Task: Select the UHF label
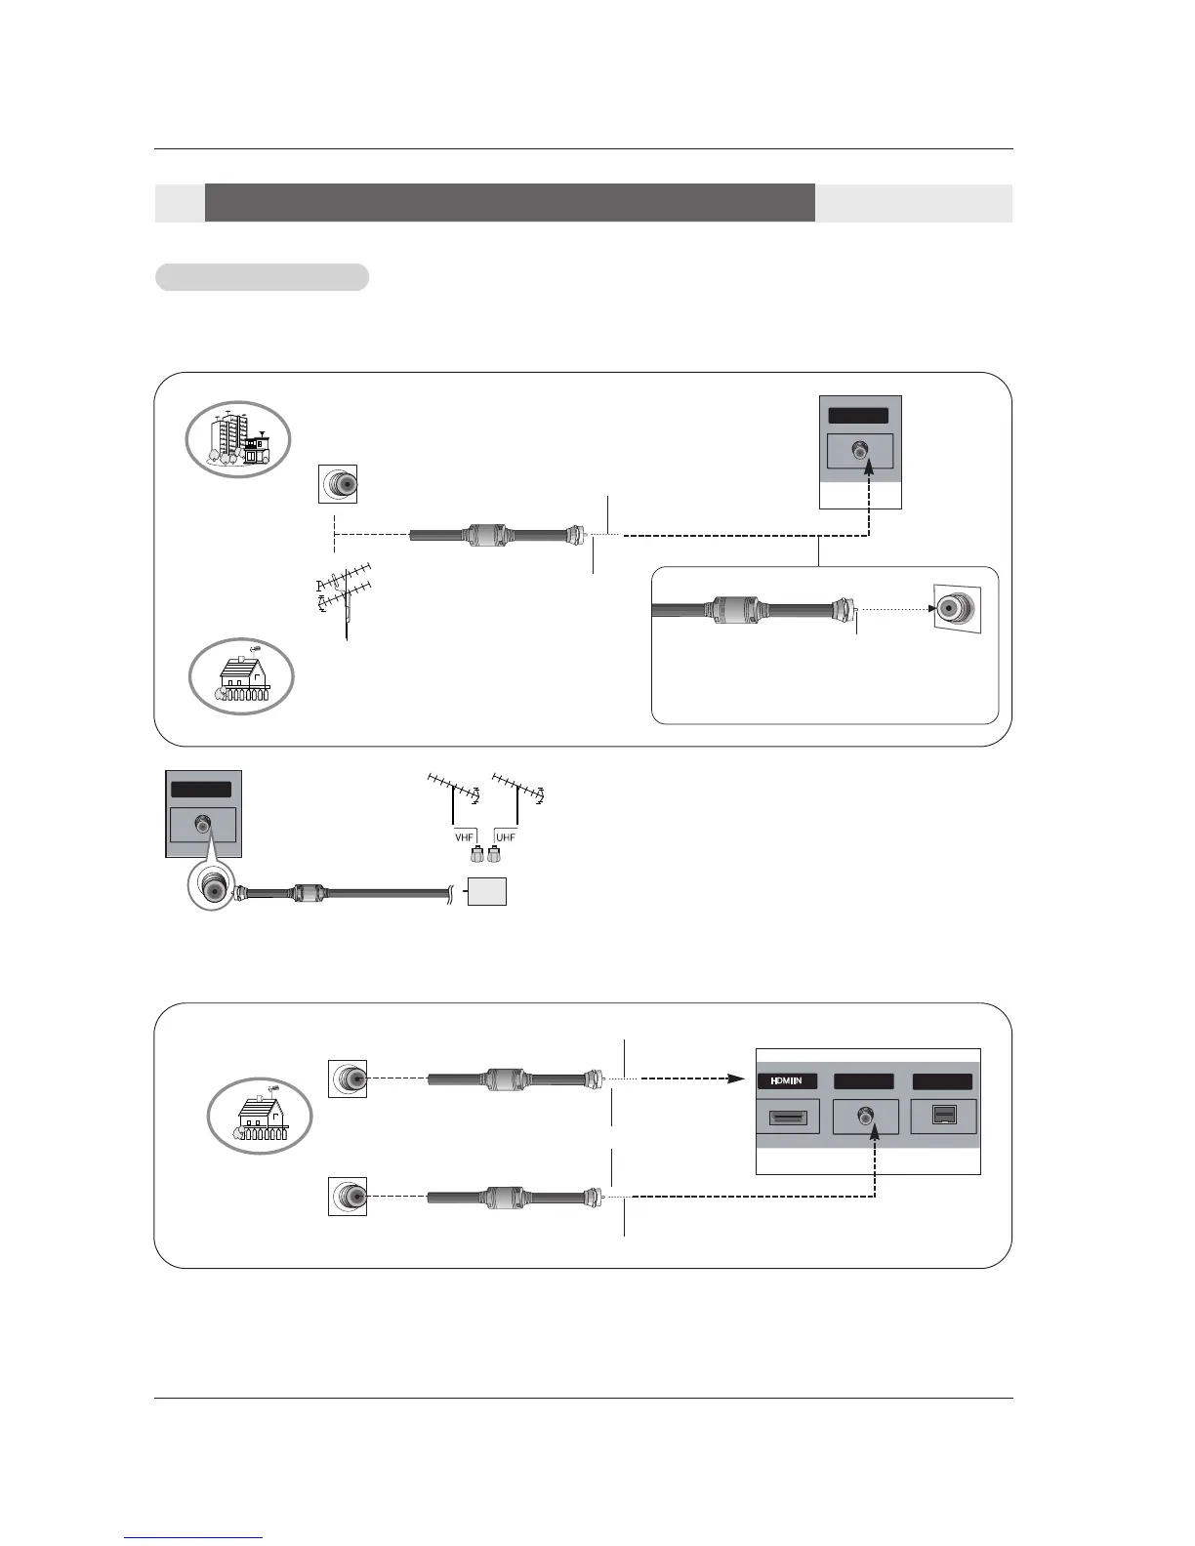506,837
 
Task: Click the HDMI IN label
787,1080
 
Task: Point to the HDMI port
788,1118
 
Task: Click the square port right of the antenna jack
942,1117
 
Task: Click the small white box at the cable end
487,891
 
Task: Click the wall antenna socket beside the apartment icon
338,483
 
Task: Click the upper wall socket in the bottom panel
348,1078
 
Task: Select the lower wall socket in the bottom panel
348,1196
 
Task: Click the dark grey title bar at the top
510,202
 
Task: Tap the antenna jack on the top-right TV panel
859,451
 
